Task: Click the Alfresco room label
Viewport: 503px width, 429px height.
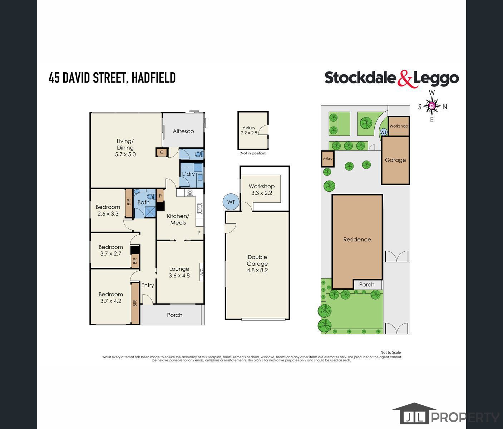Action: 183,131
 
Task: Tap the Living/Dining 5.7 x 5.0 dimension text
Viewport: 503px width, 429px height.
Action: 125,154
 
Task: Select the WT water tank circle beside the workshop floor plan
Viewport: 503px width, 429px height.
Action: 231,202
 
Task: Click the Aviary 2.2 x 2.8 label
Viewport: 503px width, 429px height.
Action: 249,130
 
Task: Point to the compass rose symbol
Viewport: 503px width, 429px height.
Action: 432,106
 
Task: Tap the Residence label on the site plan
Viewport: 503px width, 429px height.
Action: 357,240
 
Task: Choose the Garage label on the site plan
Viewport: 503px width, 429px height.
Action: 395,160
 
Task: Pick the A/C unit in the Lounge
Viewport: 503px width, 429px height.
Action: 202,272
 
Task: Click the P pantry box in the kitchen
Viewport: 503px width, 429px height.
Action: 160,196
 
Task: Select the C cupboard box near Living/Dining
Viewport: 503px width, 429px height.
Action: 162,152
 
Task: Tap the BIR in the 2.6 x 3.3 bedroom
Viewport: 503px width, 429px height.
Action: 129,203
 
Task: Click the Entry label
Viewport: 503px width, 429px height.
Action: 148,285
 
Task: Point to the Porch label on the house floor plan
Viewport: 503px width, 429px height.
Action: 174,315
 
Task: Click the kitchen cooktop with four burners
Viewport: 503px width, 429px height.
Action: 190,193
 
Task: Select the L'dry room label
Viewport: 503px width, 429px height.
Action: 188,174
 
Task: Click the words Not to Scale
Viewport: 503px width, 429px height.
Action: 391,352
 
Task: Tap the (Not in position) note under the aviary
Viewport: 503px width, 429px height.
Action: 253,153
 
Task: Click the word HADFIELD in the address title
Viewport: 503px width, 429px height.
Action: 154,78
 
